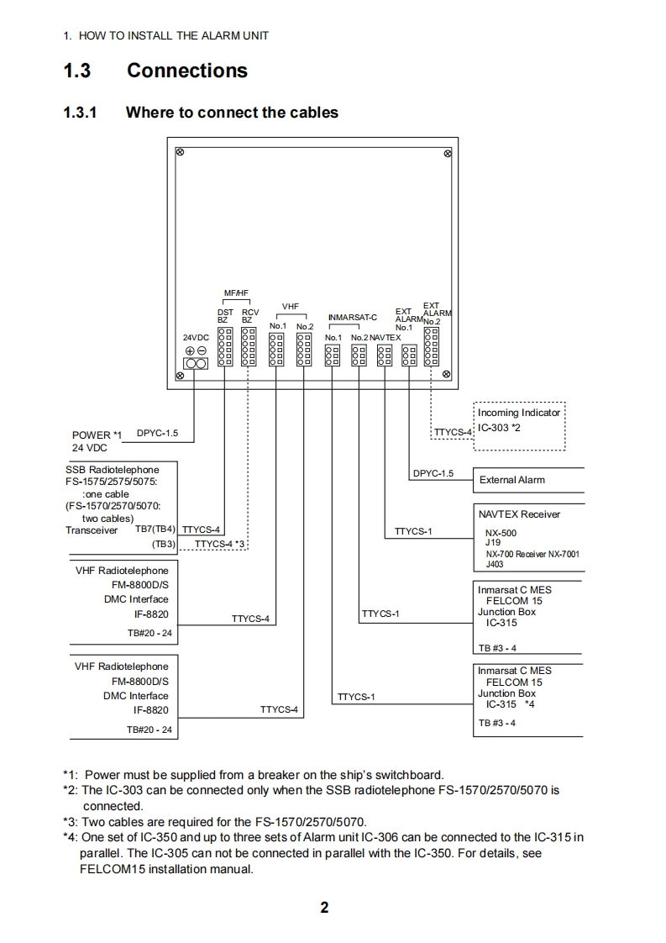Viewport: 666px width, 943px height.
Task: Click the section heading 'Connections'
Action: click(x=187, y=71)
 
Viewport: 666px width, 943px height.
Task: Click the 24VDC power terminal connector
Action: click(x=195, y=363)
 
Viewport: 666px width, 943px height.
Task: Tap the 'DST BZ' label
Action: click(x=225, y=315)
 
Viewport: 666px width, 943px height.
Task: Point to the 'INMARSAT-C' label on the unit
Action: click(x=352, y=318)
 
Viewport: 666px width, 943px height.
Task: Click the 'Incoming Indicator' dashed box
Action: click(x=520, y=424)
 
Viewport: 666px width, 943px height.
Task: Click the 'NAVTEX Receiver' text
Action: click(x=519, y=514)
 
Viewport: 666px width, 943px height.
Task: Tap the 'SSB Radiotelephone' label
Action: click(x=113, y=469)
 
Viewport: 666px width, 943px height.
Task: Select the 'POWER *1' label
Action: click(x=97, y=435)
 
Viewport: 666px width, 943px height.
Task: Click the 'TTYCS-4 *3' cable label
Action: click(x=219, y=545)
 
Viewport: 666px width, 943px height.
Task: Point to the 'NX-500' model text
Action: click(x=501, y=533)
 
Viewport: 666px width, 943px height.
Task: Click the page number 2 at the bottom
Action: click(x=324, y=907)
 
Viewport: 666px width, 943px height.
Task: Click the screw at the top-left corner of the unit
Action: click(x=180, y=152)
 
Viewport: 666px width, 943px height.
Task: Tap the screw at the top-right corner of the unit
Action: click(x=448, y=153)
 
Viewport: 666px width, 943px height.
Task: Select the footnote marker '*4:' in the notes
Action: click(x=71, y=837)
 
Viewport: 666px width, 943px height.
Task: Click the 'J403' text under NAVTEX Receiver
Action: click(x=495, y=565)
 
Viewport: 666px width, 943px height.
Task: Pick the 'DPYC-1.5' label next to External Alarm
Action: click(x=433, y=473)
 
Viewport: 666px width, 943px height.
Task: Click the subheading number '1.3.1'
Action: click(x=81, y=112)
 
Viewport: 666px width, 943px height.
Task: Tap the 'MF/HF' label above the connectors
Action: click(x=237, y=293)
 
